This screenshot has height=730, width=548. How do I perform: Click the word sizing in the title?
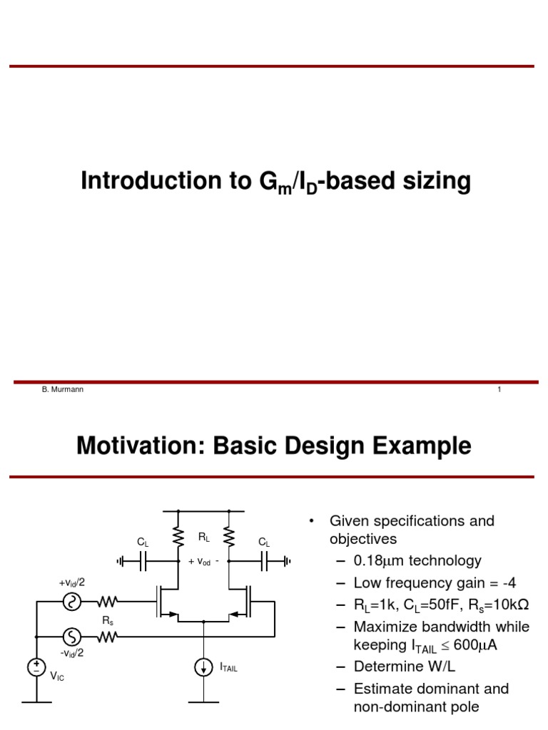[x=438, y=182]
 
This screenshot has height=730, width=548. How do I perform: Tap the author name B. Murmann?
[x=63, y=389]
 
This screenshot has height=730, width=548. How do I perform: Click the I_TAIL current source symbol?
[x=204, y=668]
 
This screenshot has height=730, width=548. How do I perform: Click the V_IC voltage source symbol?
[x=35, y=667]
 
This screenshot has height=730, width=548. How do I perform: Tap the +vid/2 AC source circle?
[x=72, y=602]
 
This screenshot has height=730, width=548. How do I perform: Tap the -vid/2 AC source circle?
[x=72, y=635]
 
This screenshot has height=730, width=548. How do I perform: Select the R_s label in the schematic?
[x=108, y=620]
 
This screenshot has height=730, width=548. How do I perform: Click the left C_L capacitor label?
[x=143, y=543]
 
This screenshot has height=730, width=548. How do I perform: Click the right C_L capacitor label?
[x=264, y=543]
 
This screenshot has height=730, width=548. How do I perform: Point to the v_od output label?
[x=203, y=562]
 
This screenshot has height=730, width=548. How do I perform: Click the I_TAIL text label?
[x=228, y=669]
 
